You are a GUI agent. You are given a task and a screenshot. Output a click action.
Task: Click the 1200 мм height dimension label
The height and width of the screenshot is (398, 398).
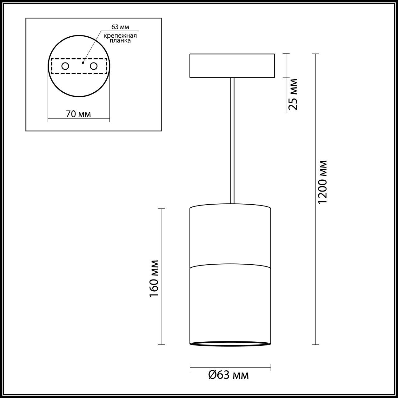(x=323, y=182)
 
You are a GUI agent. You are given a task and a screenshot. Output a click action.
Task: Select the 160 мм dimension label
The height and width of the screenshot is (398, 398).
(x=154, y=278)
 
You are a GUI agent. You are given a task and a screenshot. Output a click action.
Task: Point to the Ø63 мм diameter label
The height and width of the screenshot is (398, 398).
(x=228, y=375)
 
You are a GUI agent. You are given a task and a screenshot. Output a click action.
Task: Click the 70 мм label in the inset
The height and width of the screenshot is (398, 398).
(x=78, y=114)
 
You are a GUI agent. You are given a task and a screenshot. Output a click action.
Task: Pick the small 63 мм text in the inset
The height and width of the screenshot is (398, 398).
(x=120, y=27)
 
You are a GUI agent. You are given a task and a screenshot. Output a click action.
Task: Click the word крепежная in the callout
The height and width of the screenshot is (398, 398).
(x=120, y=35)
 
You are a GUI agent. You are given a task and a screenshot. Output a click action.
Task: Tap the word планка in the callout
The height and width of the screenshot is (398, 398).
(x=120, y=40)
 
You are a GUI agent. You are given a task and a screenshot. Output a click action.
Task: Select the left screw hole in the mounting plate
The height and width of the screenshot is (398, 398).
(x=65, y=66)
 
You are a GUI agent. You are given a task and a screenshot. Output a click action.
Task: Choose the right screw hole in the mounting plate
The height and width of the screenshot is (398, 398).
(x=93, y=66)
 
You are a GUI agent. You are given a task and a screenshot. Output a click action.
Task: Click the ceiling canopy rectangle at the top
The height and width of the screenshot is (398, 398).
(x=232, y=66)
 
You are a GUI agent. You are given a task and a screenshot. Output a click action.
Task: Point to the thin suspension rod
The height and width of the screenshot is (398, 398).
(x=232, y=140)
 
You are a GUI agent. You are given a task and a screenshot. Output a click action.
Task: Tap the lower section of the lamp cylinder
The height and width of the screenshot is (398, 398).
(x=230, y=305)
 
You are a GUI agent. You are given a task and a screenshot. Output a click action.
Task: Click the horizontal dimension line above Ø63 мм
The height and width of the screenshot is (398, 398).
(x=230, y=367)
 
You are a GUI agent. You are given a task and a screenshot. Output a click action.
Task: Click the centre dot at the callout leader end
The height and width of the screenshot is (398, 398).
(x=83, y=63)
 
